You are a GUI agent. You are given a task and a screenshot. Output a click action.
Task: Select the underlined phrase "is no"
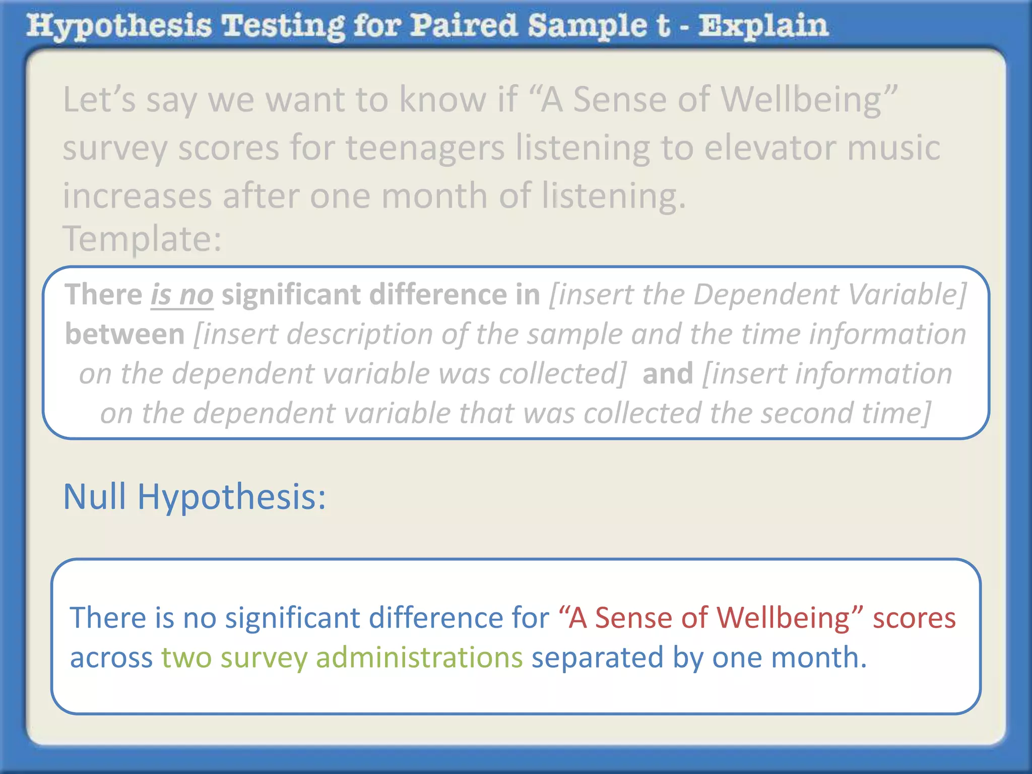182,295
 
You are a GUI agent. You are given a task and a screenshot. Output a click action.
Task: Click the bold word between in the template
125,334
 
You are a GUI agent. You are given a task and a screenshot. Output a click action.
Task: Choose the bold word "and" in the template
668,374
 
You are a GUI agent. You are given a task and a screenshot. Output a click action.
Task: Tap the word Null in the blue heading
94,497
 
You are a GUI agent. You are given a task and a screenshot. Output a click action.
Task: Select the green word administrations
419,658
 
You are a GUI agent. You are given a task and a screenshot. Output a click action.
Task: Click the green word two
186,658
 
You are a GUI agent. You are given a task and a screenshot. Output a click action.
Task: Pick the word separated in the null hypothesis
597,658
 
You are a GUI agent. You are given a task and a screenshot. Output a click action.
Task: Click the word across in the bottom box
111,658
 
